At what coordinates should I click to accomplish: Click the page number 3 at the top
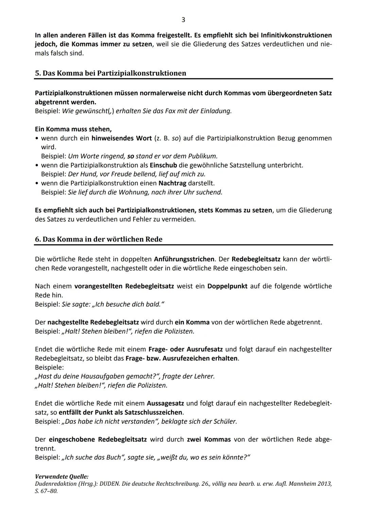(x=183, y=20)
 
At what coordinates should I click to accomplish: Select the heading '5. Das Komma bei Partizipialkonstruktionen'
(x=110, y=73)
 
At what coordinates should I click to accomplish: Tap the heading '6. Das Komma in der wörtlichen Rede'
(x=99, y=239)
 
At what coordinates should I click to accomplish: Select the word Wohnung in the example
(x=133, y=192)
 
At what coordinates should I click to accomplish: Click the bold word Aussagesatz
(x=165, y=403)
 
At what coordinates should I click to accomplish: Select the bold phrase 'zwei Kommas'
(x=209, y=439)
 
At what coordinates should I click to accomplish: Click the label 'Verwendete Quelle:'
(x=62, y=477)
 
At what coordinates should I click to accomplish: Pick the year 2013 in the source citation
(x=324, y=484)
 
